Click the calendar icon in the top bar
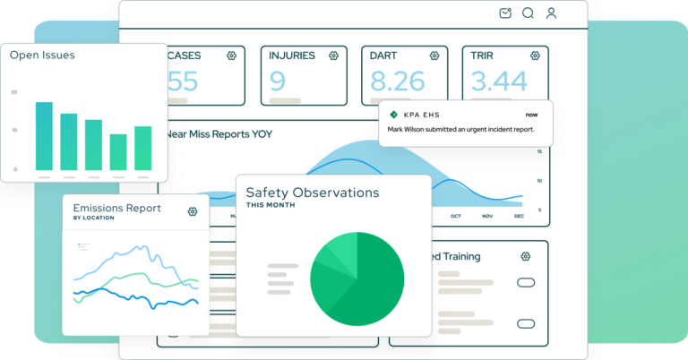point(505,13)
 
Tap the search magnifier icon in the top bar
point(528,13)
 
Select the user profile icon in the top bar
point(551,13)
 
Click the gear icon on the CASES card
point(231,56)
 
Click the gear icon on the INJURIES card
point(333,56)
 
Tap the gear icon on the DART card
point(434,56)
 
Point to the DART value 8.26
point(397,81)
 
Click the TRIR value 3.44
point(499,81)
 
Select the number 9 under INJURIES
point(278,81)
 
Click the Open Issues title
point(42,56)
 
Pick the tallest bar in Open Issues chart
point(44,135)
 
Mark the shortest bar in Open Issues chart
point(118,151)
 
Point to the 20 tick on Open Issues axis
point(13,92)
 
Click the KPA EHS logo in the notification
point(393,115)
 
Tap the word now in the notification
point(532,115)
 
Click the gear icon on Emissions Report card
point(193,211)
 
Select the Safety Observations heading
point(312,193)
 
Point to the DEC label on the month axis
point(517,216)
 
